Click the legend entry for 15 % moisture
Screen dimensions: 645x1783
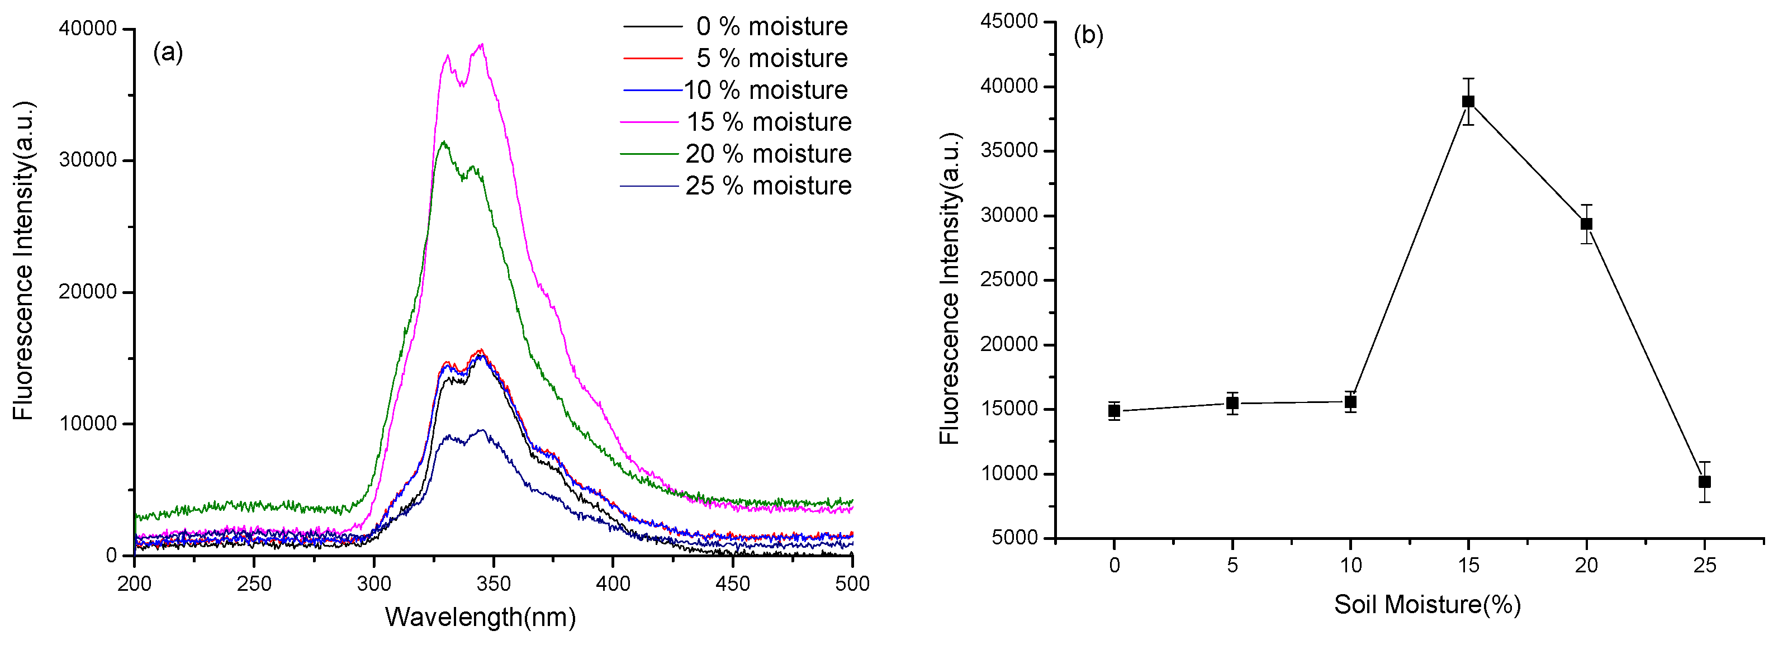[769, 122]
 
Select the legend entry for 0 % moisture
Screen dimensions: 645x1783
[771, 26]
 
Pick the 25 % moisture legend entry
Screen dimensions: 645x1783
[769, 186]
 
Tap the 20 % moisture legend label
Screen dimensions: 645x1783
[769, 154]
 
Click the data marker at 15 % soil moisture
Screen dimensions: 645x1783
[1468, 102]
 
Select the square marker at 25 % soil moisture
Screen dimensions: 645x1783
[1705, 482]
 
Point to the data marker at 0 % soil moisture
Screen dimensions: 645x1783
[1114, 411]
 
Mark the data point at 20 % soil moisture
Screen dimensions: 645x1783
[1586, 224]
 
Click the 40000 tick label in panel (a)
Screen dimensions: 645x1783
[88, 29]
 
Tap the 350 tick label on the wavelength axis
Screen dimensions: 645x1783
[494, 584]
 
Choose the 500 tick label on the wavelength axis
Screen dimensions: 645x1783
[852, 584]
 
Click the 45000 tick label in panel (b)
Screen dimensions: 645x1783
[1009, 21]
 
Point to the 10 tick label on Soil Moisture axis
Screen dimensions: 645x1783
[1350, 566]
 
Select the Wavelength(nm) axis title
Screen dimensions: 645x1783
[480, 616]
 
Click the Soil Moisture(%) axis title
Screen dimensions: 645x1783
[1427, 604]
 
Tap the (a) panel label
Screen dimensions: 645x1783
[168, 51]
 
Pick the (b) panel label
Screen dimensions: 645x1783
[1088, 35]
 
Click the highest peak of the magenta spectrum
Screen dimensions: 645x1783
[481, 44]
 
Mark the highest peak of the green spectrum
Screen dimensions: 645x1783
[444, 142]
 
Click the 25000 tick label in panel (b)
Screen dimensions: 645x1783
[1009, 279]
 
